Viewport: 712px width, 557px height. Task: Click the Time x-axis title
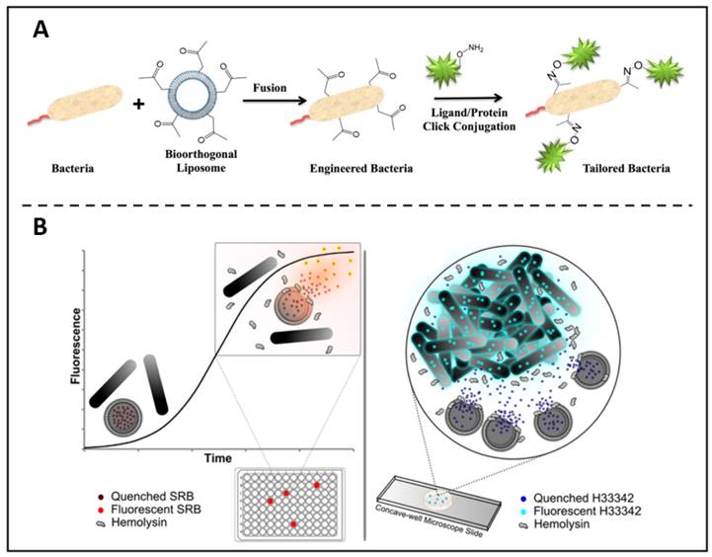click(x=217, y=459)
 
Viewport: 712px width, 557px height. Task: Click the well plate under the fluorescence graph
click(x=293, y=504)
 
